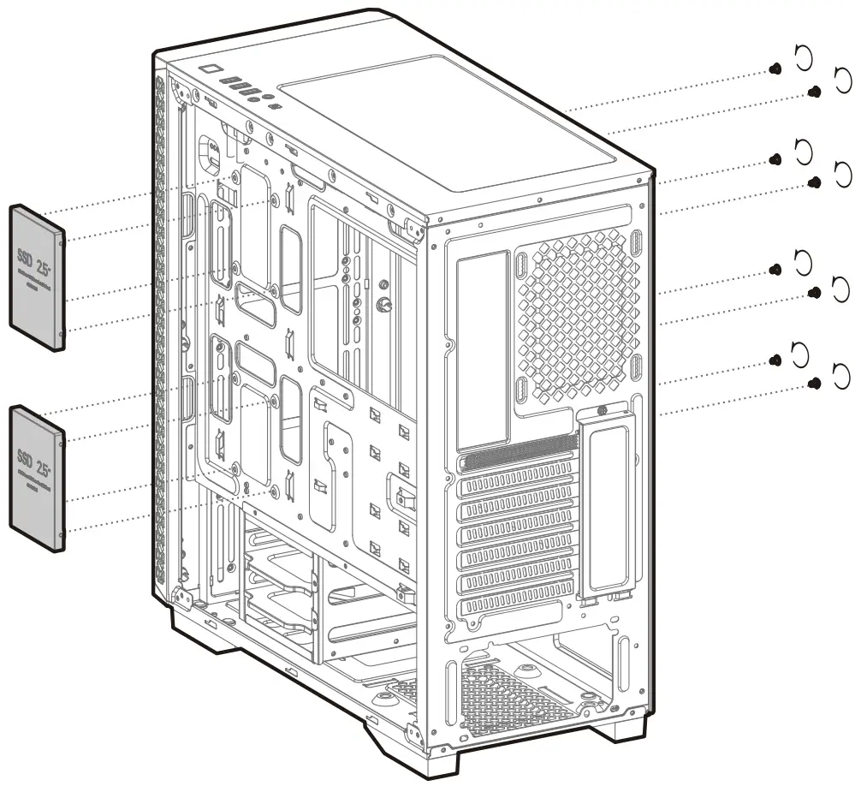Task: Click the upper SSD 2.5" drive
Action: click(37, 277)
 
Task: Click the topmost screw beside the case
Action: click(775, 68)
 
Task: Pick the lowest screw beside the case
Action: click(816, 384)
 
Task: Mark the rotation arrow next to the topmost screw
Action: click(803, 57)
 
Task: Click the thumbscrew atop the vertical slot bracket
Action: click(605, 412)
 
